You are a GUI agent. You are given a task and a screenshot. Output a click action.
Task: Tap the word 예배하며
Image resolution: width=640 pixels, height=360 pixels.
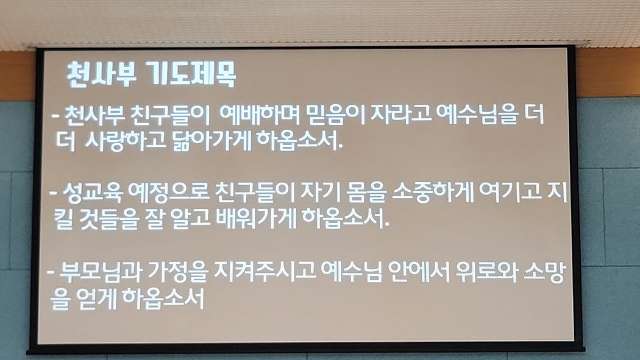(260, 115)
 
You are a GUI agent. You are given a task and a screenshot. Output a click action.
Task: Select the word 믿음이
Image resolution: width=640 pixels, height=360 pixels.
(335, 115)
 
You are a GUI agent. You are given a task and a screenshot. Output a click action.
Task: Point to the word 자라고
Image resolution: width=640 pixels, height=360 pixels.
(400, 114)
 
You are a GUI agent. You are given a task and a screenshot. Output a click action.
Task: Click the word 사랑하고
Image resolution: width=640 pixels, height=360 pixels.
(126, 140)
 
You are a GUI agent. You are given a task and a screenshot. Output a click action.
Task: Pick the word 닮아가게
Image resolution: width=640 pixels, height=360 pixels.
(212, 141)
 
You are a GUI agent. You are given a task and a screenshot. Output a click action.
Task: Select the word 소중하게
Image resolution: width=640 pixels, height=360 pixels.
(432, 192)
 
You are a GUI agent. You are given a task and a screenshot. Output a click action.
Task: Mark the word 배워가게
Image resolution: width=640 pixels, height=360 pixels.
(256, 219)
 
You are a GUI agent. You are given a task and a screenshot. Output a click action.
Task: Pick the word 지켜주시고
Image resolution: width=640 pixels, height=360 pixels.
(265, 272)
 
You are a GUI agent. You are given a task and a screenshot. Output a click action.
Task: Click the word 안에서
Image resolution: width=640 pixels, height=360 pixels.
(418, 272)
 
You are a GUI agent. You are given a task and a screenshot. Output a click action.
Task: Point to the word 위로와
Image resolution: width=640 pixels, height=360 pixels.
(486, 272)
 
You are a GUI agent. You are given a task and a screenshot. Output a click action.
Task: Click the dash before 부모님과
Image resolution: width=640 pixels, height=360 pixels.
(51, 272)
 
